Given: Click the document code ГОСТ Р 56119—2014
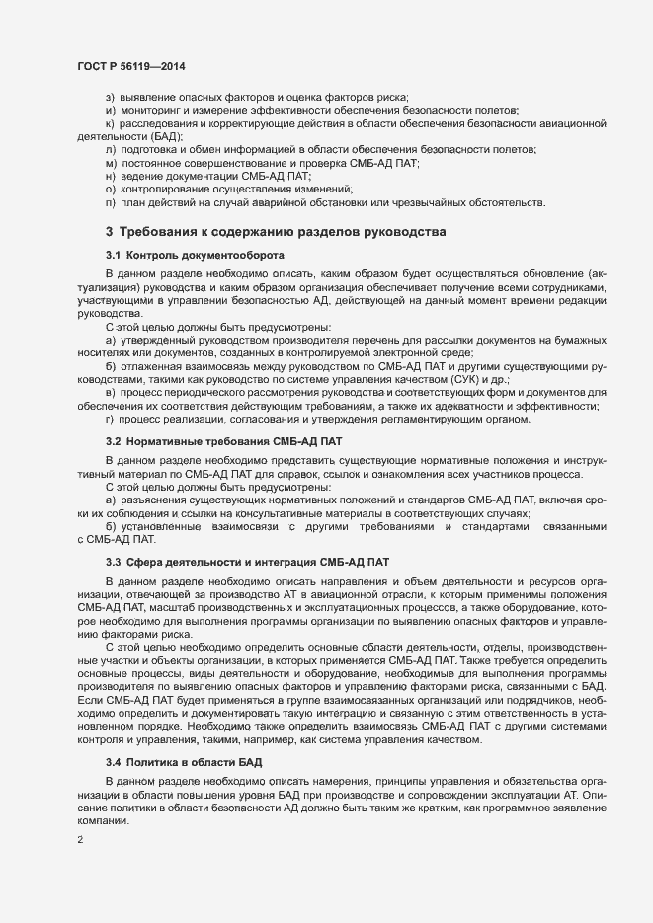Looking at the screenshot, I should [130, 66].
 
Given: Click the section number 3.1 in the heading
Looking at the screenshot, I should [114, 254].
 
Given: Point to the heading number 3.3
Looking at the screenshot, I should [114, 562].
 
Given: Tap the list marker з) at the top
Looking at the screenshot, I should [111, 97].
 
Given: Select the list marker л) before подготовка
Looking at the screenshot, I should [111, 148].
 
